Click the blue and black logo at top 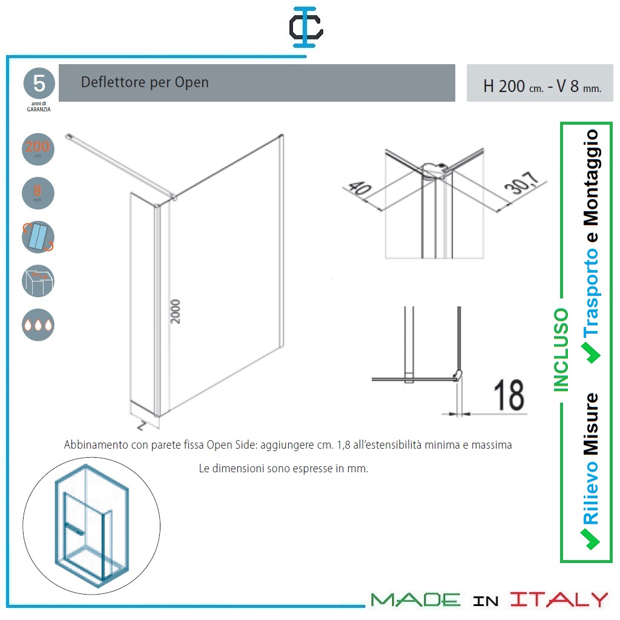tap(306, 27)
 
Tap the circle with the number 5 tap(39, 84)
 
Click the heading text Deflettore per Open tap(145, 82)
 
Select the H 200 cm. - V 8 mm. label tap(542, 86)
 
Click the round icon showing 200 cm tap(38, 149)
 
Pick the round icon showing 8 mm tap(38, 193)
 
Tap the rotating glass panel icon tap(38, 237)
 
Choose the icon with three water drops tap(38, 325)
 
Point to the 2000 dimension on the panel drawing tap(175, 311)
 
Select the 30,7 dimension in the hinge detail tap(522, 183)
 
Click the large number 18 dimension tap(509, 395)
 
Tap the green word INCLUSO tap(561, 350)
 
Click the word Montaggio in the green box tap(591, 177)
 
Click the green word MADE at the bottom tap(415, 600)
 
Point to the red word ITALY tap(559, 599)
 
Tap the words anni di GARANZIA tap(39, 107)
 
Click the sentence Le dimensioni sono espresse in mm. tap(283, 469)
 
